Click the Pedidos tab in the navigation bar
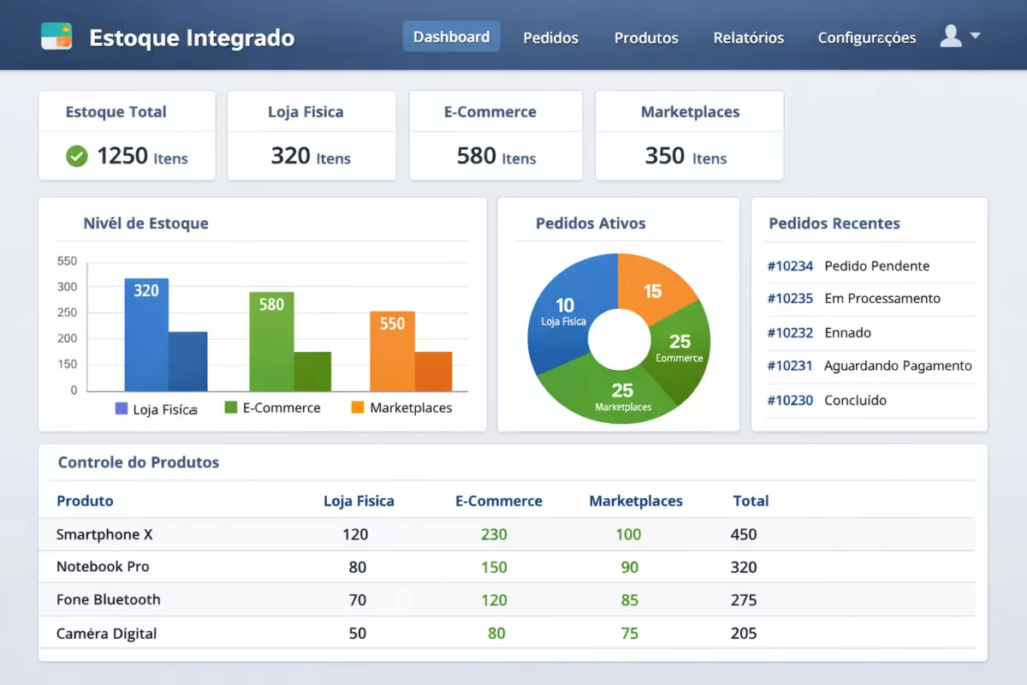(550, 38)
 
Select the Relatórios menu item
(748, 38)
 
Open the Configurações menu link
(866, 38)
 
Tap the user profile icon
(951, 36)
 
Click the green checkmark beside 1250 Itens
(77, 156)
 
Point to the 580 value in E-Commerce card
(477, 156)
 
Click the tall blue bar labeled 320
(146, 334)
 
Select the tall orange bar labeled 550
(392, 351)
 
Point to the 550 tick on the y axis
(67, 261)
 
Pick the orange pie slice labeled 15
(655, 287)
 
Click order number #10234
(790, 265)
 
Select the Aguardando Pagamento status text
(898, 366)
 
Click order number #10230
(790, 400)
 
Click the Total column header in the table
(751, 501)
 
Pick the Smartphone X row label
(104, 534)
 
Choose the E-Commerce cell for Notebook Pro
(494, 567)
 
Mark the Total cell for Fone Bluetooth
(744, 599)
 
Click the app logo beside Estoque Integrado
(56, 36)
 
